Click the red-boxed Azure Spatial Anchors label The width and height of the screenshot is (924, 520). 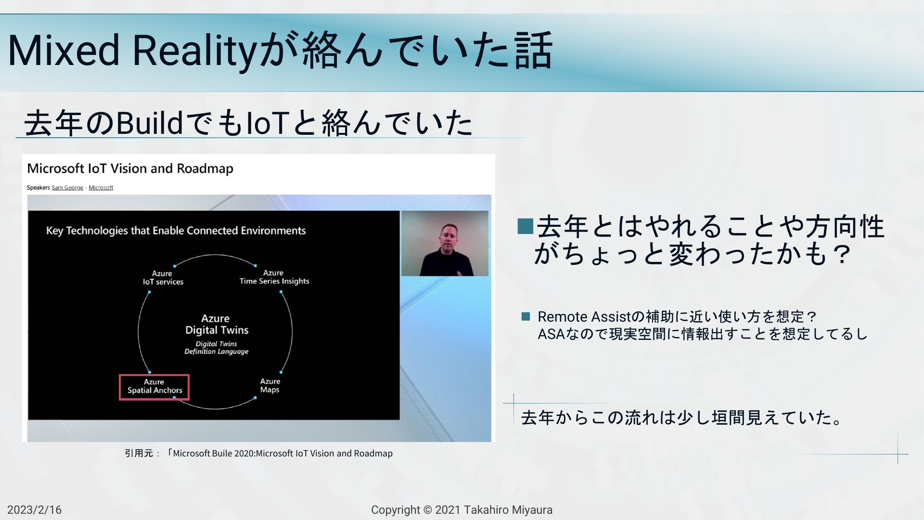click(x=154, y=387)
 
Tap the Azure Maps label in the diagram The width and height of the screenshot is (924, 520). click(x=269, y=386)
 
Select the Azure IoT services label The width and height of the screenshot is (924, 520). click(x=163, y=278)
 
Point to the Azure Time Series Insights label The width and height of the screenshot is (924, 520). click(x=274, y=277)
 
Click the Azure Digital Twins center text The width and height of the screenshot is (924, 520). click(x=217, y=325)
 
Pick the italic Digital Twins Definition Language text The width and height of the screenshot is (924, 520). click(x=217, y=348)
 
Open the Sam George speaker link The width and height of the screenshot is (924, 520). click(x=67, y=188)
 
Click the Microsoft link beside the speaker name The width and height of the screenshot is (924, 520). click(x=101, y=188)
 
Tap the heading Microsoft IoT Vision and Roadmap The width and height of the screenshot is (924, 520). click(x=130, y=169)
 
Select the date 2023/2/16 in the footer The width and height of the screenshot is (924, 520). click(x=34, y=510)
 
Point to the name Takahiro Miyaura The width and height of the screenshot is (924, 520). click(x=508, y=510)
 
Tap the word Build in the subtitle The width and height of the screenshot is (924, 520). click(x=149, y=123)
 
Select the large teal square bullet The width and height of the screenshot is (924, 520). click(x=525, y=226)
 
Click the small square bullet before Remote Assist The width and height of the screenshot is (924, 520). click(x=526, y=316)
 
